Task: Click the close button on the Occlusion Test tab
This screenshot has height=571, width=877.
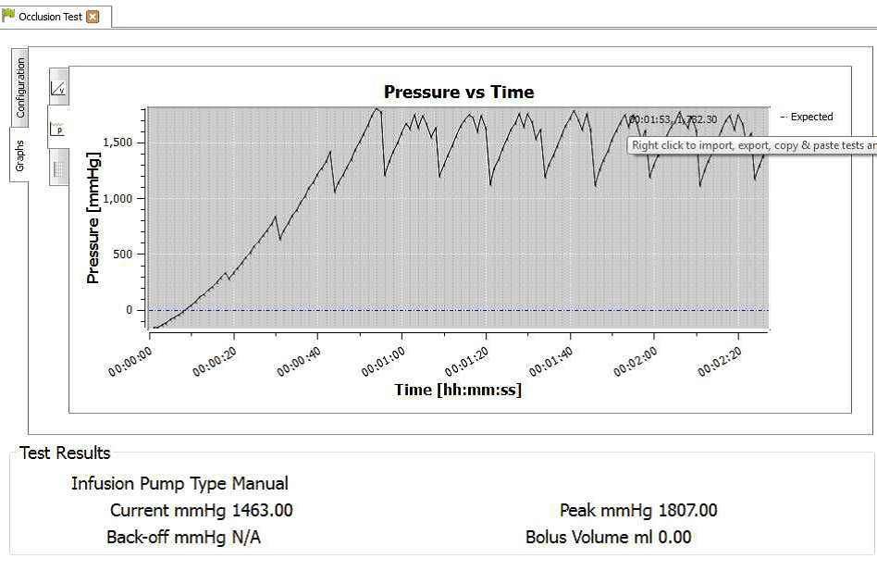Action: (93, 17)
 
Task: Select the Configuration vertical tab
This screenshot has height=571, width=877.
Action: (20, 88)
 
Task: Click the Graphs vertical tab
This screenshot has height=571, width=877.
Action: (20, 155)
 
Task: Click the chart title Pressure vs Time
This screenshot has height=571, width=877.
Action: (459, 92)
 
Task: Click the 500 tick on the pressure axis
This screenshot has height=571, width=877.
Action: (128, 254)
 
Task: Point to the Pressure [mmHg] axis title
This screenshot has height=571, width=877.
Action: (93, 217)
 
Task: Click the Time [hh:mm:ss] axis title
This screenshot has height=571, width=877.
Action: (458, 390)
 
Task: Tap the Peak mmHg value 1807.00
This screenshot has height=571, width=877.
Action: (687, 511)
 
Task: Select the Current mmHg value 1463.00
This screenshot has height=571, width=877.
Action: (263, 511)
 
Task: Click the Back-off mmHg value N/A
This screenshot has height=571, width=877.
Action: (245, 538)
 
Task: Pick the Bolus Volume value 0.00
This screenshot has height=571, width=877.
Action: (674, 538)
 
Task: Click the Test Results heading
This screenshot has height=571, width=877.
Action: (65, 453)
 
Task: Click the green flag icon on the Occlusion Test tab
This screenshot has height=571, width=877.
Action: (9, 16)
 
